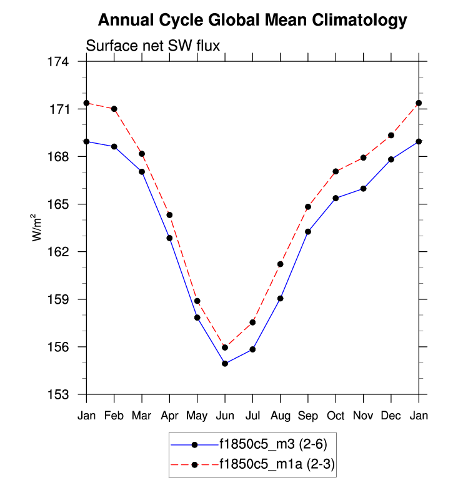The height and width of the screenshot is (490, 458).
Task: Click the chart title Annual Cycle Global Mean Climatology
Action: click(252, 21)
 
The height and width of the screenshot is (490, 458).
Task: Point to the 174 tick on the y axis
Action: click(67, 62)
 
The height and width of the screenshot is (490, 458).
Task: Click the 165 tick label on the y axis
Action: click(67, 204)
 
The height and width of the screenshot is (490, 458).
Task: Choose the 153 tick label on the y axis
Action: click(67, 394)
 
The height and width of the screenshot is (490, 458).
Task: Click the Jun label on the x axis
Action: click(225, 415)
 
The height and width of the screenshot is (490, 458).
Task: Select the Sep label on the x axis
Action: click(308, 415)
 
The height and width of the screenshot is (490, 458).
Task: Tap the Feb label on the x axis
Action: click(114, 415)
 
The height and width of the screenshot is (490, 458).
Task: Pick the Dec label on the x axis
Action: click(391, 415)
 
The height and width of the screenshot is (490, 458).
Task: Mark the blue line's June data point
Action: click(225, 363)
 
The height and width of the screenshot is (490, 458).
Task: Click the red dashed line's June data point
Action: click(225, 347)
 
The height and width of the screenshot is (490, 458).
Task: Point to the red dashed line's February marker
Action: click(114, 109)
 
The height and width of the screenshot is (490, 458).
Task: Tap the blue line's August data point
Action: click(281, 298)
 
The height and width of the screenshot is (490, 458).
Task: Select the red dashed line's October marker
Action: click(336, 171)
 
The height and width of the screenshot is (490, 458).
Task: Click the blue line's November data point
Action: click(364, 188)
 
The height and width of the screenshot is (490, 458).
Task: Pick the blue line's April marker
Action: click(169, 238)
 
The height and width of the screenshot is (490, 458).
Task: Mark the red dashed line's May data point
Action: click(197, 301)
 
